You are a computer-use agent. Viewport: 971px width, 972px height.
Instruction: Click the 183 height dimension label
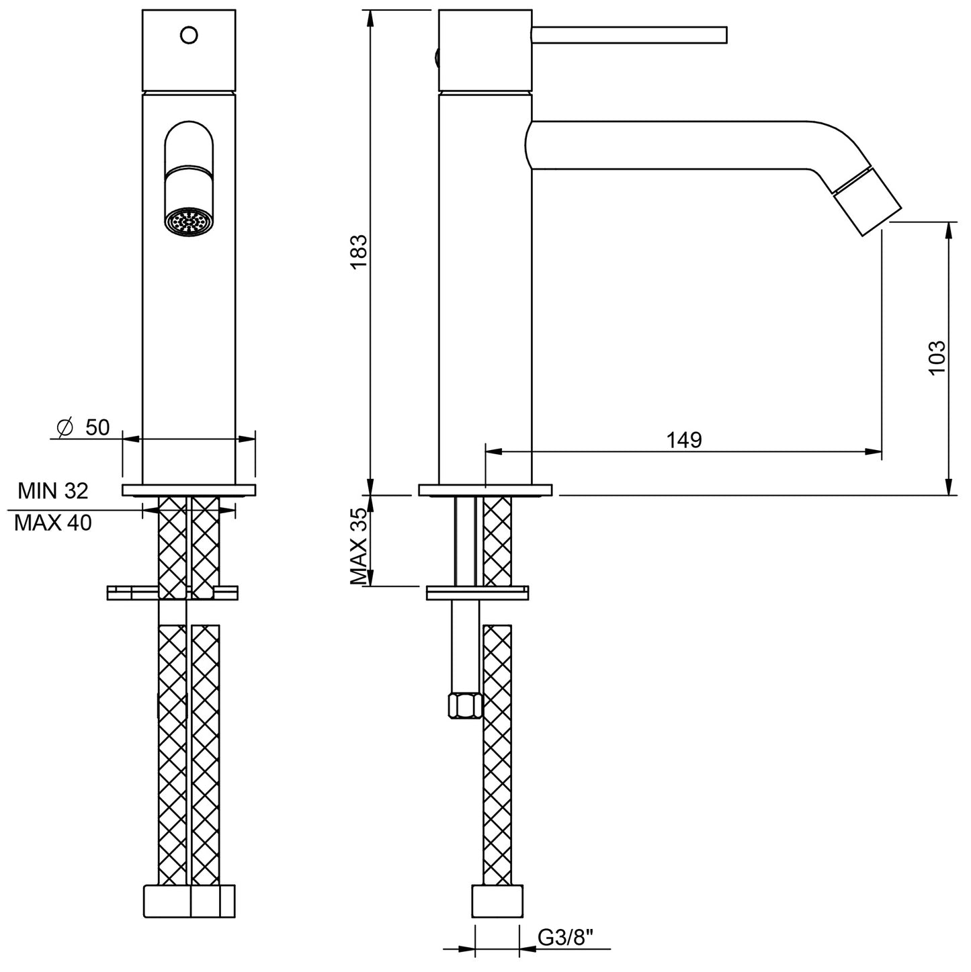click(359, 252)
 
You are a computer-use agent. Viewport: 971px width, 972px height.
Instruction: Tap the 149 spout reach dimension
click(683, 440)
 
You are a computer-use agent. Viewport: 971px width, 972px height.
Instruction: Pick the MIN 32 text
click(52, 491)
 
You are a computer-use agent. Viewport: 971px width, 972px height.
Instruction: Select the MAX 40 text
click(52, 523)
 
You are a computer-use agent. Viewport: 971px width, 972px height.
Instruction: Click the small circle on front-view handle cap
click(189, 34)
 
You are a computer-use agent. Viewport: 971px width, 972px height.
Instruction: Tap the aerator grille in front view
click(189, 222)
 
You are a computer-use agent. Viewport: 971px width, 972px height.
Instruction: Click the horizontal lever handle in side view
click(629, 35)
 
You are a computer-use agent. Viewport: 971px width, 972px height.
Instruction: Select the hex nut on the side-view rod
click(464, 706)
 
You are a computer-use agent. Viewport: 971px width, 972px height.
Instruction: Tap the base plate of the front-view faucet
click(189, 490)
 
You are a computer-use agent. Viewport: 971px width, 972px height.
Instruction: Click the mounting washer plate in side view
click(478, 593)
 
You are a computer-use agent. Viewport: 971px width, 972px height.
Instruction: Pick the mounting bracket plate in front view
click(172, 592)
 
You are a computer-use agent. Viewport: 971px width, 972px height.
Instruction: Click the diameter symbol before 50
click(65, 428)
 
